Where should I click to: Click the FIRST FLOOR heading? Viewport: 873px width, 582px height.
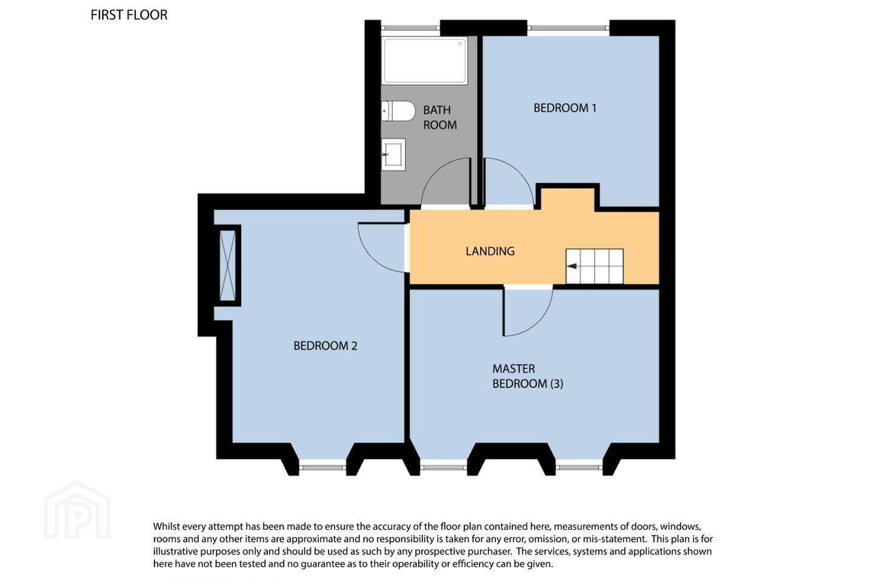(x=129, y=15)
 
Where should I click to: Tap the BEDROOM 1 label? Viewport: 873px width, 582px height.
(x=565, y=108)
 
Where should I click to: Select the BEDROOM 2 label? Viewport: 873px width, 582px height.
(x=325, y=346)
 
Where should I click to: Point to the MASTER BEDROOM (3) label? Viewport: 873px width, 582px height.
(x=527, y=376)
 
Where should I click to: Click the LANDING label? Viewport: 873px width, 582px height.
(x=490, y=251)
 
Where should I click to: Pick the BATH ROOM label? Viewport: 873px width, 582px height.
(x=440, y=118)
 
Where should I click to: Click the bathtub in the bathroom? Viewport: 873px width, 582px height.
(x=424, y=61)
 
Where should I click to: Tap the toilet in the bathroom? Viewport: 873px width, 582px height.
(x=398, y=111)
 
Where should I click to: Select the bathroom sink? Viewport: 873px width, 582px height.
(x=393, y=155)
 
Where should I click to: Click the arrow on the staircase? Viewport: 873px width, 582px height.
(x=572, y=266)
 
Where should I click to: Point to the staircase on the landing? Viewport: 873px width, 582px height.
(x=594, y=266)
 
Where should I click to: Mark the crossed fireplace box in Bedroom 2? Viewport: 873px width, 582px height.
(x=227, y=266)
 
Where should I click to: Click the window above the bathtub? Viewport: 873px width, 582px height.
(x=410, y=28)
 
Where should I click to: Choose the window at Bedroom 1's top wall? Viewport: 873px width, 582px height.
(x=568, y=28)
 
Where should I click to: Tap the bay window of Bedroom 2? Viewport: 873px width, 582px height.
(x=323, y=467)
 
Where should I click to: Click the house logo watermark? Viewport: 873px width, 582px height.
(x=77, y=510)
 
